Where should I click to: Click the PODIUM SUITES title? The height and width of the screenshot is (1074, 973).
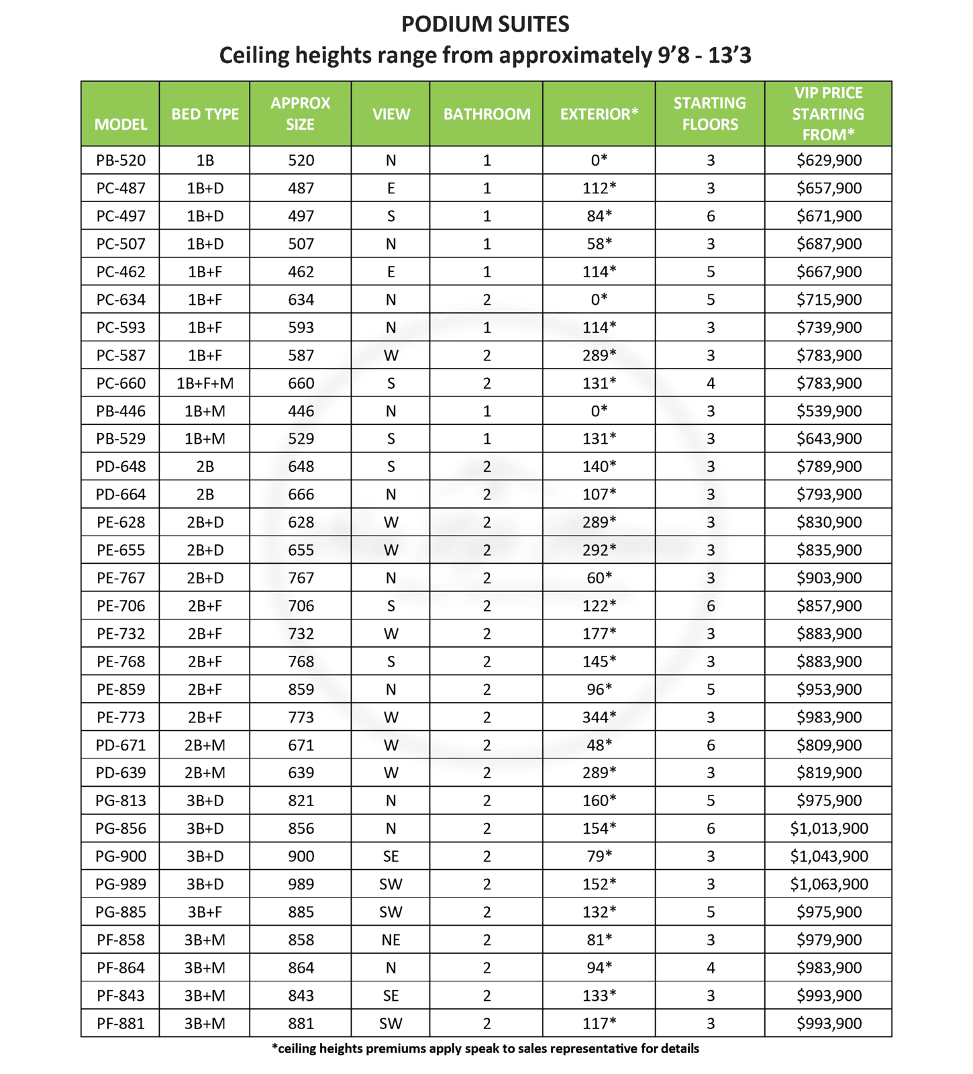[485, 24]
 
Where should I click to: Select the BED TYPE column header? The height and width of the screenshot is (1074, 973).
[205, 114]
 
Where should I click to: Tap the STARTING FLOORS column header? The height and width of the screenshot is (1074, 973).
[709, 113]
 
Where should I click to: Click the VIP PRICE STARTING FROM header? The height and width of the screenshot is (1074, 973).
[828, 113]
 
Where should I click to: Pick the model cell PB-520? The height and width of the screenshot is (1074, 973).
[121, 160]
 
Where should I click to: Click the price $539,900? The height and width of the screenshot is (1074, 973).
[829, 411]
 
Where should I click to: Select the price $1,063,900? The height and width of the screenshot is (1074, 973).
[829, 884]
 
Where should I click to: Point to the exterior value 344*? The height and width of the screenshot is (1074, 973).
[599, 717]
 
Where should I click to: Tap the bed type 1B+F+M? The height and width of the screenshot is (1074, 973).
[205, 383]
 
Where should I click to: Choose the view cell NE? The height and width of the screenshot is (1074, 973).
[391, 940]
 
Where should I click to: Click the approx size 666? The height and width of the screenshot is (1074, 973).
[301, 495]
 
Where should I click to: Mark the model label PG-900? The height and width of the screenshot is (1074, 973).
[121, 857]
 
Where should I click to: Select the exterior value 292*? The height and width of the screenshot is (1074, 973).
[599, 550]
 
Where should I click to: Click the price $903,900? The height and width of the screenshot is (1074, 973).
[829, 578]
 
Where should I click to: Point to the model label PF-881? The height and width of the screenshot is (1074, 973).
[121, 1024]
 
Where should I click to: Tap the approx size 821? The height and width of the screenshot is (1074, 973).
[301, 801]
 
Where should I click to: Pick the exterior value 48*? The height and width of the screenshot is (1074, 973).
[599, 745]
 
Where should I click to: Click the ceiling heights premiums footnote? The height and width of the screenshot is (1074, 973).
[485, 1048]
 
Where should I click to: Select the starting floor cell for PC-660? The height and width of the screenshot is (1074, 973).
[710, 383]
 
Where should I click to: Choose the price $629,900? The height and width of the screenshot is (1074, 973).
[829, 160]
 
